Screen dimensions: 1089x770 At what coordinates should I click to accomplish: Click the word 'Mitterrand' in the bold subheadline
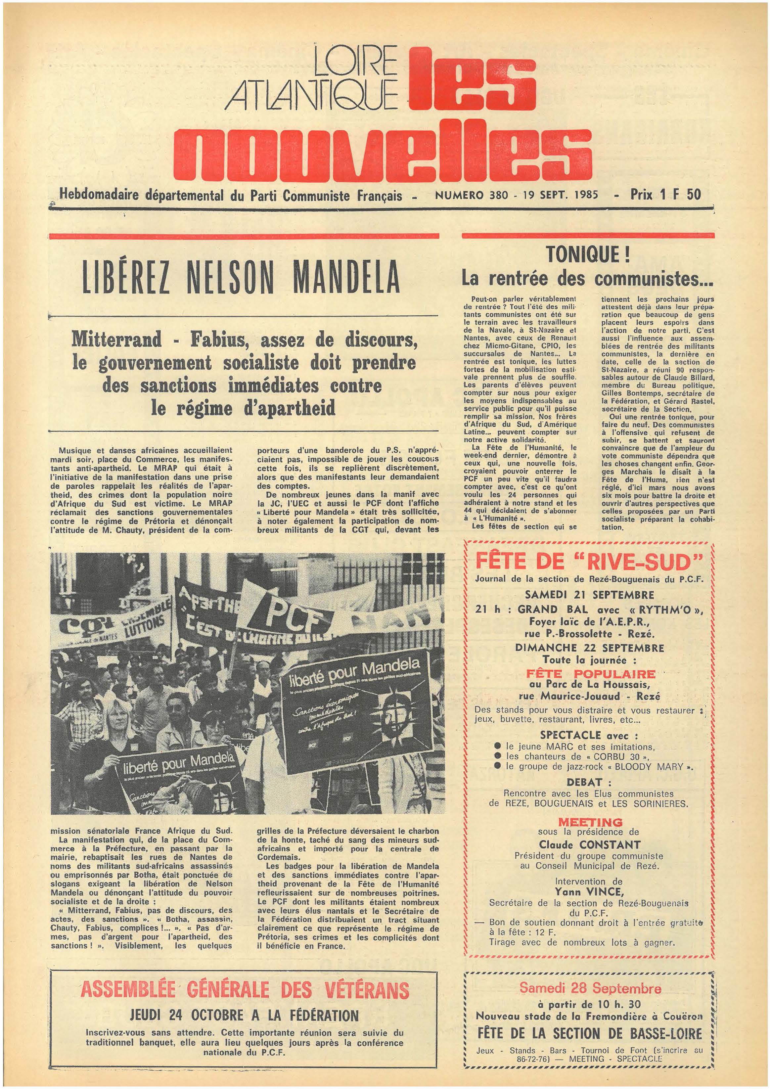click(117, 340)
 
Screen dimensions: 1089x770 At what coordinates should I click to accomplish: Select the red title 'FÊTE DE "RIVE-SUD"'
click(588, 563)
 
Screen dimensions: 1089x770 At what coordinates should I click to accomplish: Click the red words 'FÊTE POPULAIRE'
click(591, 674)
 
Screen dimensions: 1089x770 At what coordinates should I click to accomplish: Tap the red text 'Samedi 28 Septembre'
click(590, 988)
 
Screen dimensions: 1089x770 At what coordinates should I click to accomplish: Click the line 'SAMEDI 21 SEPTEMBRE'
click(590, 595)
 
